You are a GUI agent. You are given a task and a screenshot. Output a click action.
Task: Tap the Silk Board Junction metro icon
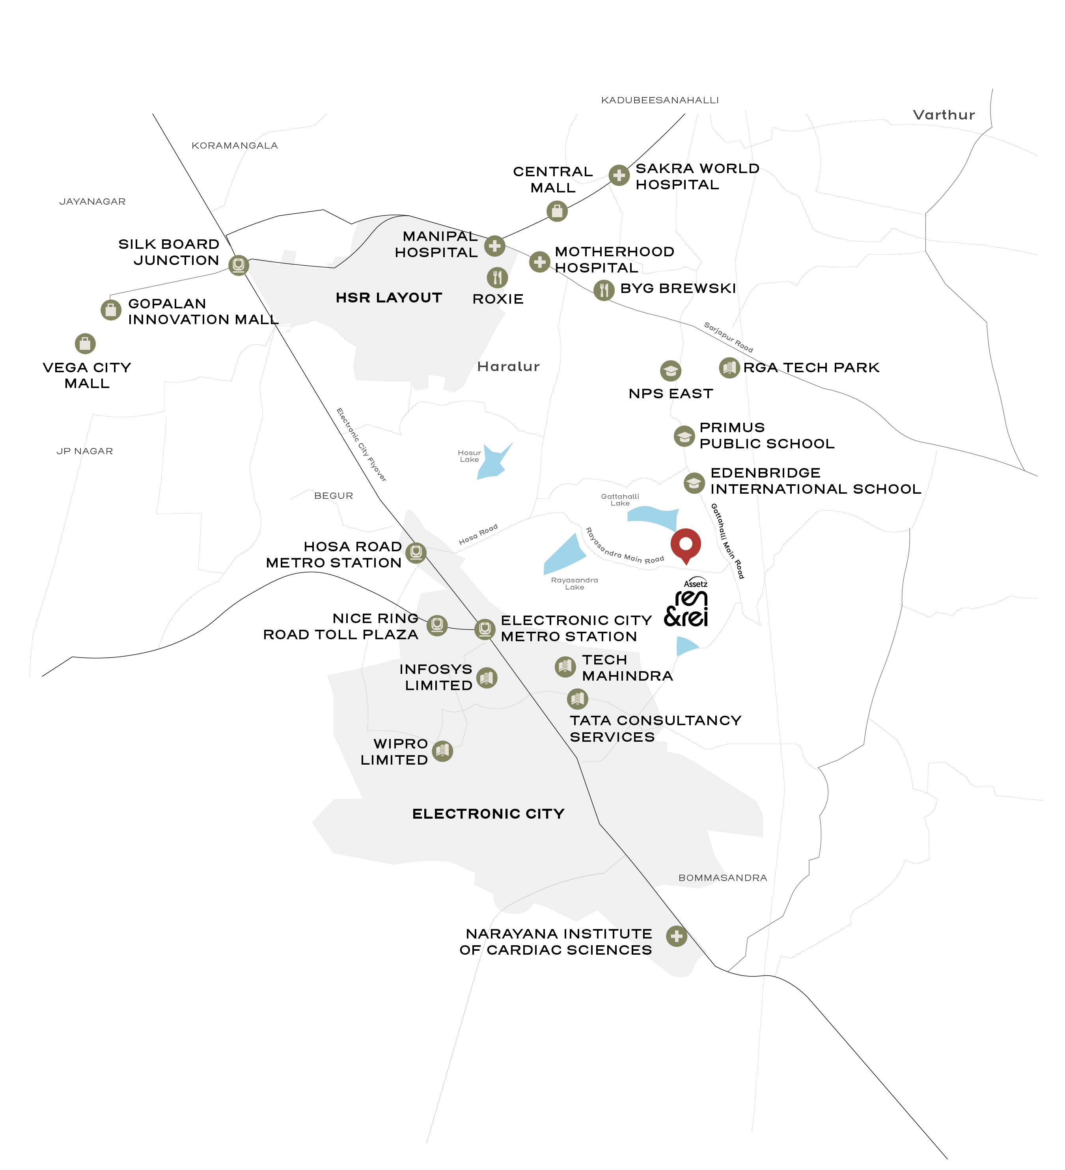238,265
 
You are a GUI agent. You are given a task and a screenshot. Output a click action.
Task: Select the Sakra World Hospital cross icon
619,175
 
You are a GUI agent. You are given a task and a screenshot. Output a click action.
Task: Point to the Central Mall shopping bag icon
557,211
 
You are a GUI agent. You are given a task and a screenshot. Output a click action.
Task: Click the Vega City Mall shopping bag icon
85,343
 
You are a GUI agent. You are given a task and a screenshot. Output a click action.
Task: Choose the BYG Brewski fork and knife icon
604,289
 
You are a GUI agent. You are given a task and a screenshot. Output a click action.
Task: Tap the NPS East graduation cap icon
670,370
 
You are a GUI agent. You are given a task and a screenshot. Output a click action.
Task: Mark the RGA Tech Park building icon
729,368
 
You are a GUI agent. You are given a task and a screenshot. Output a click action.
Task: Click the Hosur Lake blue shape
493,462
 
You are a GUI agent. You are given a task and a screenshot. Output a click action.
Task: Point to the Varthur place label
944,115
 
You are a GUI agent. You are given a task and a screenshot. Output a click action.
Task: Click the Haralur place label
508,367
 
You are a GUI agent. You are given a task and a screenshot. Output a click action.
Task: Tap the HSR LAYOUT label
389,298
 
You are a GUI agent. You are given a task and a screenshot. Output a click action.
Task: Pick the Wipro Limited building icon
442,751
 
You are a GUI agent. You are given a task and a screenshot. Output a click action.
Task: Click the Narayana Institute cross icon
676,936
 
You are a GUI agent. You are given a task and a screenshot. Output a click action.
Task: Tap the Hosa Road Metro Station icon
416,552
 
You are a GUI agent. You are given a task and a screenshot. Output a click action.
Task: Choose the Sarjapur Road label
728,337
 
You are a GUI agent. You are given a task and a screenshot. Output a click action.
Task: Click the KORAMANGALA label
235,146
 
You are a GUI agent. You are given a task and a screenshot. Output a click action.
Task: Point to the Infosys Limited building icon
486,677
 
